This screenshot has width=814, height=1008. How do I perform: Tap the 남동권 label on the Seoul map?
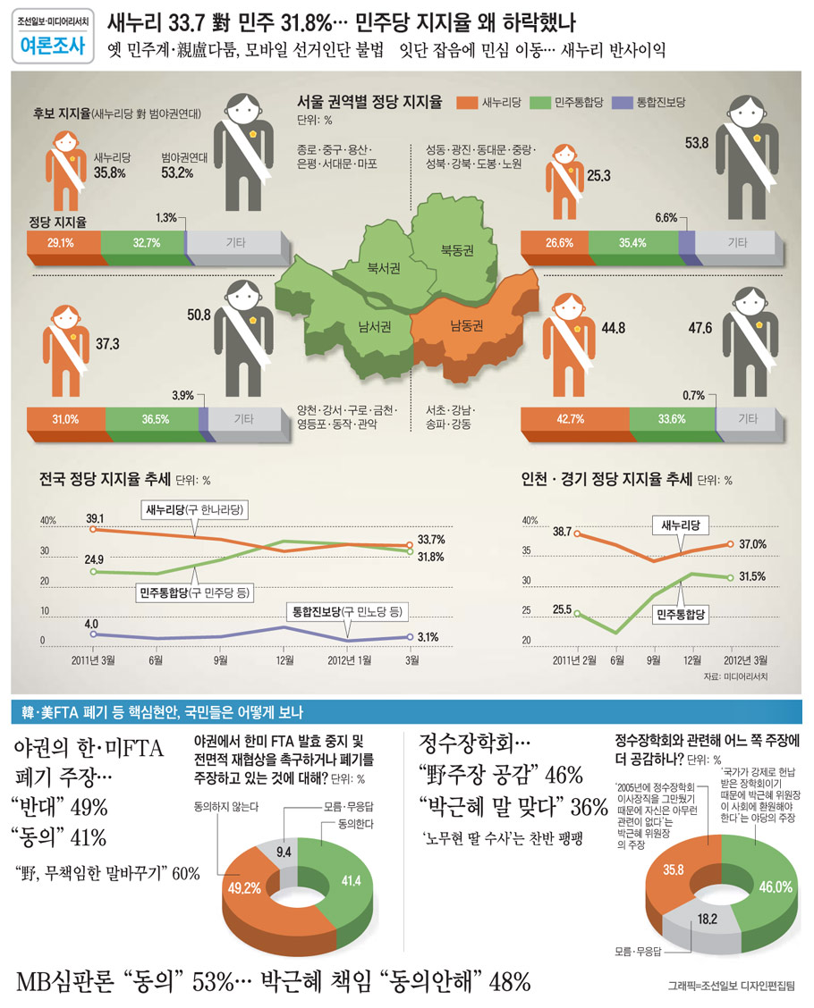[467, 324]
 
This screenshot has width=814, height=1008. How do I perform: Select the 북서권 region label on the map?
[384, 266]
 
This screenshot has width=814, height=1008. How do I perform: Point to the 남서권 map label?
[375, 327]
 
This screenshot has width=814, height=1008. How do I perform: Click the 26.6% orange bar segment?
[560, 242]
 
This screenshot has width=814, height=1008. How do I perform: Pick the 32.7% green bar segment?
[143, 242]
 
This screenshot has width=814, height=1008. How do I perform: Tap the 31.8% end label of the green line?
[431, 557]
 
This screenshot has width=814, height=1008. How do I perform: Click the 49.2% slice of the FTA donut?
[247, 888]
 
